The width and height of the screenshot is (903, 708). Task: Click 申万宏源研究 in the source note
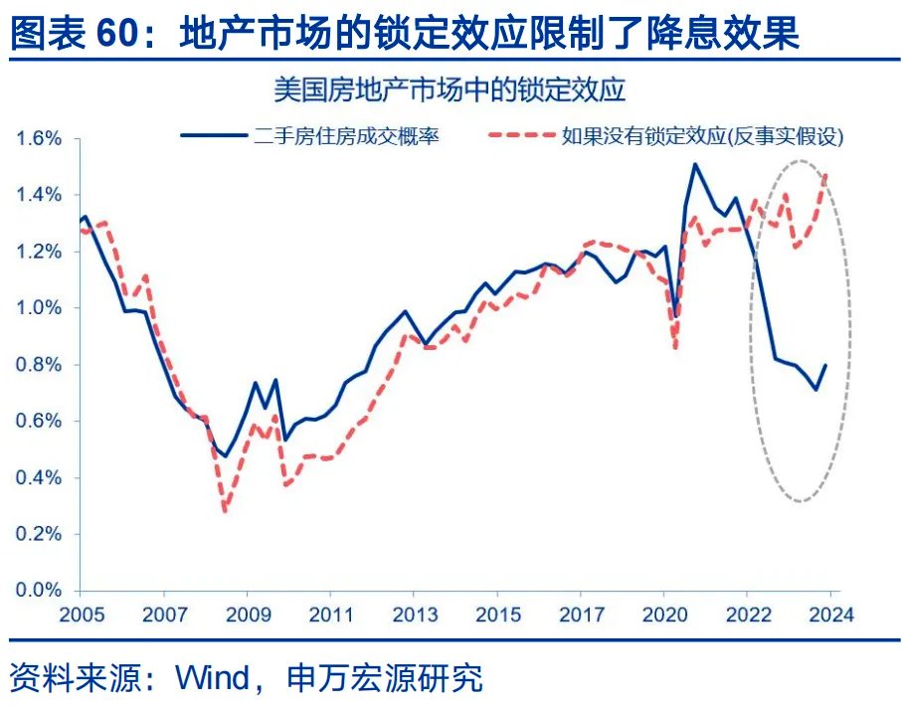tap(384, 678)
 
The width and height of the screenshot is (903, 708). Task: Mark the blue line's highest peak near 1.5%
tap(694, 164)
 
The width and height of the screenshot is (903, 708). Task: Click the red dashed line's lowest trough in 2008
tap(226, 511)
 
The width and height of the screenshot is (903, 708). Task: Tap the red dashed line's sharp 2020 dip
tap(676, 348)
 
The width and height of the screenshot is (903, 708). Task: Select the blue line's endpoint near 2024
tap(825, 365)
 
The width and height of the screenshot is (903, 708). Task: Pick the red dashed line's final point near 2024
tap(825, 176)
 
